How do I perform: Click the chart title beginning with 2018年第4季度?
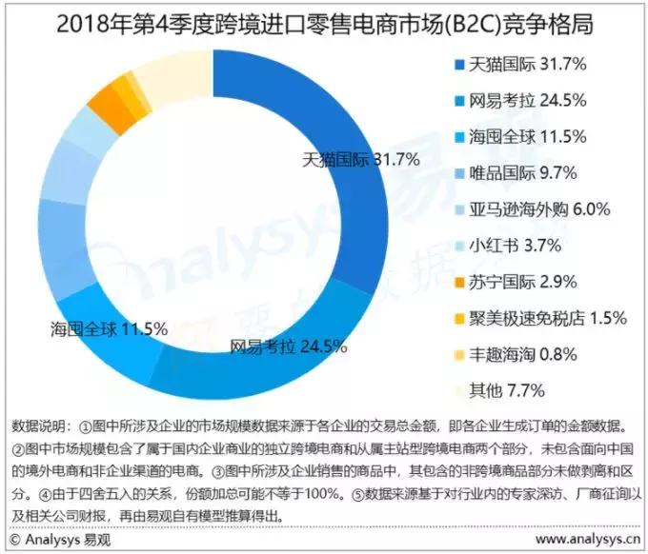tap(324, 24)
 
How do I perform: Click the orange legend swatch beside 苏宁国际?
tap(457, 282)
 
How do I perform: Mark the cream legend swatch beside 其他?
tap(457, 390)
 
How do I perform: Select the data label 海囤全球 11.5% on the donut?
tap(109, 329)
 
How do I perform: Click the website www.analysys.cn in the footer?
tap(586, 540)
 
